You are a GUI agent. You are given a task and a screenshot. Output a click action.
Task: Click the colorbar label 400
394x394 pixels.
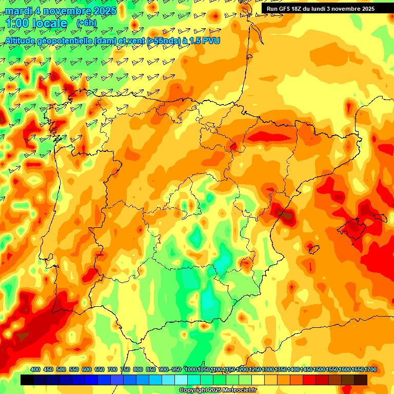point(35,370)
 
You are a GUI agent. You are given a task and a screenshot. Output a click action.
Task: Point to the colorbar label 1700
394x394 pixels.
point(357,370)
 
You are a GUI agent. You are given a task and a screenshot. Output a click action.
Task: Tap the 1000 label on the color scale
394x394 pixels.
point(191,370)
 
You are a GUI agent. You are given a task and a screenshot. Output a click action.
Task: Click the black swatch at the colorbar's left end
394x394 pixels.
point(27,380)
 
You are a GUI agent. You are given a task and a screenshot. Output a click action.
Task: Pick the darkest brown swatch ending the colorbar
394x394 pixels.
point(361,380)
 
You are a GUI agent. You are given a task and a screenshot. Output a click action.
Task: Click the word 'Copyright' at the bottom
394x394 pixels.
point(193,390)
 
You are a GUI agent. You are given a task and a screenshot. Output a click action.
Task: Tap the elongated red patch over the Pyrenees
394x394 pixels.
point(272,136)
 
